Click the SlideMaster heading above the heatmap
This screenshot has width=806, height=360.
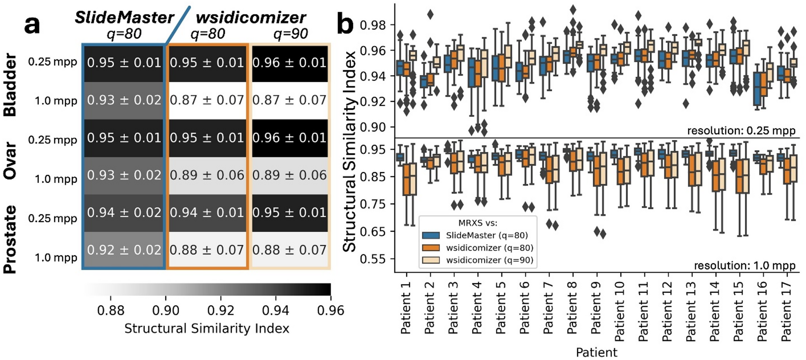[124, 18]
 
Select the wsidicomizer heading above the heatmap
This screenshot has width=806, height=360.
[251, 18]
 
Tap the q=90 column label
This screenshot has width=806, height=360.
[290, 34]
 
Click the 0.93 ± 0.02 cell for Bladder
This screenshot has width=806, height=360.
[124, 100]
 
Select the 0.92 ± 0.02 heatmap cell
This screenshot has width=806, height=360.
[124, 250]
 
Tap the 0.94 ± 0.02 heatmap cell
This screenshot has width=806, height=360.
[124, 212]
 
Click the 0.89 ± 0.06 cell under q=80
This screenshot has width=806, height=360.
[207, 175]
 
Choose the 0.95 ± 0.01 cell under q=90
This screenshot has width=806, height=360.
[289, 212]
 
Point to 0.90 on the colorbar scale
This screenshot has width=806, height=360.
[166, 310]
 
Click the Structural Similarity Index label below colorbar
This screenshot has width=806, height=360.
[207, 328]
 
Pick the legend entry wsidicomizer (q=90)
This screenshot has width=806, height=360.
[489, 260]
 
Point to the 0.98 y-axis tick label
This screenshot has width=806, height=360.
[373, 25]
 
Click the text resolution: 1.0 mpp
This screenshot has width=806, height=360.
[745, 265]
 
